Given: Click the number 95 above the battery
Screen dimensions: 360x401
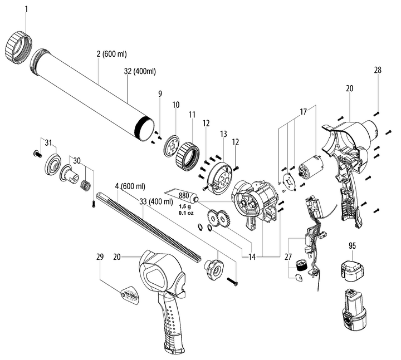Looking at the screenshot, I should coord(352,245).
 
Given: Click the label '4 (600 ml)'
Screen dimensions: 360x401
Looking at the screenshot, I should coord(130,185).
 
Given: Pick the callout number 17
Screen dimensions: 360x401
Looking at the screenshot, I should coord(303,112).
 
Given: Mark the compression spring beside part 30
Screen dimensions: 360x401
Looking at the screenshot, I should coord(86,184).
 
